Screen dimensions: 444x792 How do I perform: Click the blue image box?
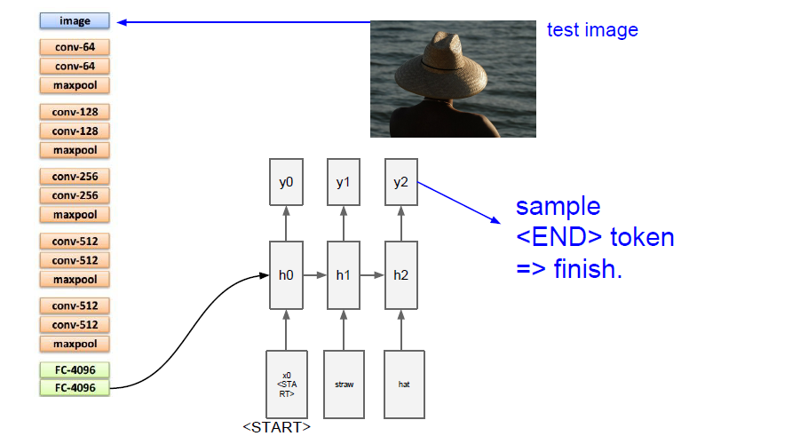click(75, 20)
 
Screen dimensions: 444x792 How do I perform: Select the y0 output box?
click(285, 182)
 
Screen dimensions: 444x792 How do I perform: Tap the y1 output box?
click(343, 182)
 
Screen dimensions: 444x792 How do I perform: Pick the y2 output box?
click(400, 182)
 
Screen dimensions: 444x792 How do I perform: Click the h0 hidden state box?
click(285, 275)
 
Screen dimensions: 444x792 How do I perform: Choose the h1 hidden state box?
click(343, 275)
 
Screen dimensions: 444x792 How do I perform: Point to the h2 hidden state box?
click(400, 275)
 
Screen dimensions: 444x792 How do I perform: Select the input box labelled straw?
click(344, 385)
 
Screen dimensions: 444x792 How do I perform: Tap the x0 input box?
click(285, 385)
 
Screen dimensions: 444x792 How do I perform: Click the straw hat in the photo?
click(440, 60)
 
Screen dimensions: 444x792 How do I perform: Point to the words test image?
click(592, 30)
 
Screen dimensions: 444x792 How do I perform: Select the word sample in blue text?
click(558, 208)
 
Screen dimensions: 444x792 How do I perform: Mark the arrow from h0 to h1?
click(314, 275)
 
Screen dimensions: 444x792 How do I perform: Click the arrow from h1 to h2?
click(372, 275)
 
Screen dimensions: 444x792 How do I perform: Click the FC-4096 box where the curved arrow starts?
click(75, 388)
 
